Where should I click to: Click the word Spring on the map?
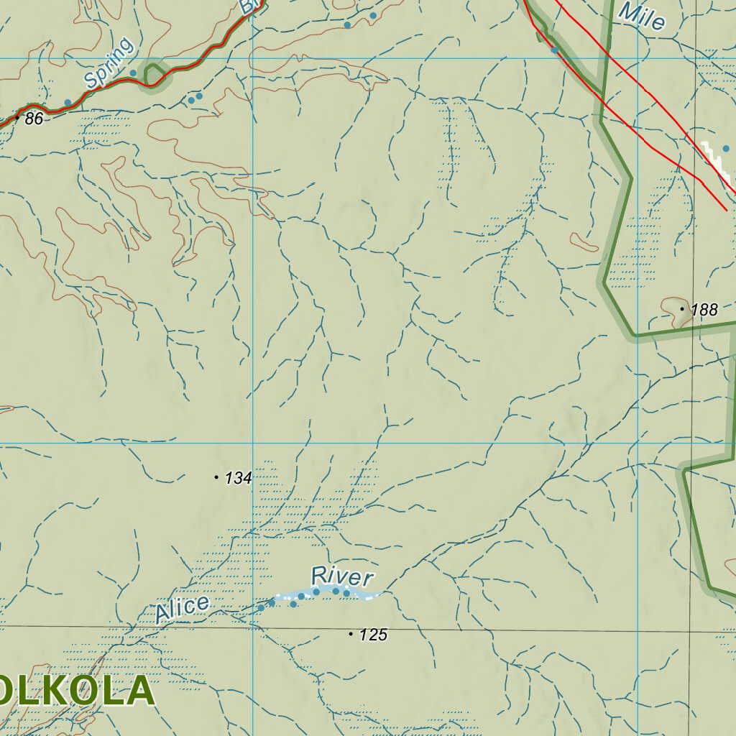(x=109, y=63)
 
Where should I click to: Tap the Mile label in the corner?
(x=641, y=15)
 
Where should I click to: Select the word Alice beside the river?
(x=182, y=608)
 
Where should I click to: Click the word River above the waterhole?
(x=342, y=576)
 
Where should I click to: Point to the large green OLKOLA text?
(x=76, y=691)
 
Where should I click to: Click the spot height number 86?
(x=34, y=119)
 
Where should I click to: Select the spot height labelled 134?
(x=238, y=478)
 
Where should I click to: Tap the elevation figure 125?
(x=373, y=635)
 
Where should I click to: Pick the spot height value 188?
(x=704, y=310)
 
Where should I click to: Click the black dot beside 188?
(x=682, y=309)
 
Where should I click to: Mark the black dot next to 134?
(x=216, y=477)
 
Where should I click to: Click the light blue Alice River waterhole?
(x=323, y=592)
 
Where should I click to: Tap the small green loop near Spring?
(x=153, y=74)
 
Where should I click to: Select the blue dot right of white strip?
(x=726, y=149)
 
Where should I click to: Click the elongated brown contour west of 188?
(x=584, y=243)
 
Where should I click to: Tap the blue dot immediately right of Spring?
(x=133, y=73)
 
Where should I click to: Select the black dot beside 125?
(x=351, y=634)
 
